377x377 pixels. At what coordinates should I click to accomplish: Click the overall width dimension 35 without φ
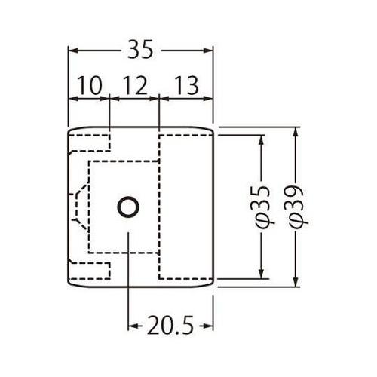tap(141, 50)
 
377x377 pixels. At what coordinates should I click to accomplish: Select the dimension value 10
tap(89, 87)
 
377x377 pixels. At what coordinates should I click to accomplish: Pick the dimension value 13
tap(186, 87)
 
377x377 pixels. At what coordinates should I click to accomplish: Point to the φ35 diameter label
tap(262, 204)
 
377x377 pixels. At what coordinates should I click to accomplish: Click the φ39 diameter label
tap(296, 204)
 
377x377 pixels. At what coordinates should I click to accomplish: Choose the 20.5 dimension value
tap(171, 326)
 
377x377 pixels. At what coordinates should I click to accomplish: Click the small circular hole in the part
tap(127, 207)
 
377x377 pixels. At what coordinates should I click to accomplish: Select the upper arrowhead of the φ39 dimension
tap(296, 131)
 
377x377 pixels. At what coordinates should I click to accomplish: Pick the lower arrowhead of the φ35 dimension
tap(262, 273)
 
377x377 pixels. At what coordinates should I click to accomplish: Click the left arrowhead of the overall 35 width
tap(73, 50)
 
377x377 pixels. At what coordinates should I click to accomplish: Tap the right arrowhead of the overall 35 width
tap(210, 50)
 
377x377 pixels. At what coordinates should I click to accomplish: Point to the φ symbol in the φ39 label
tap(296, 218)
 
